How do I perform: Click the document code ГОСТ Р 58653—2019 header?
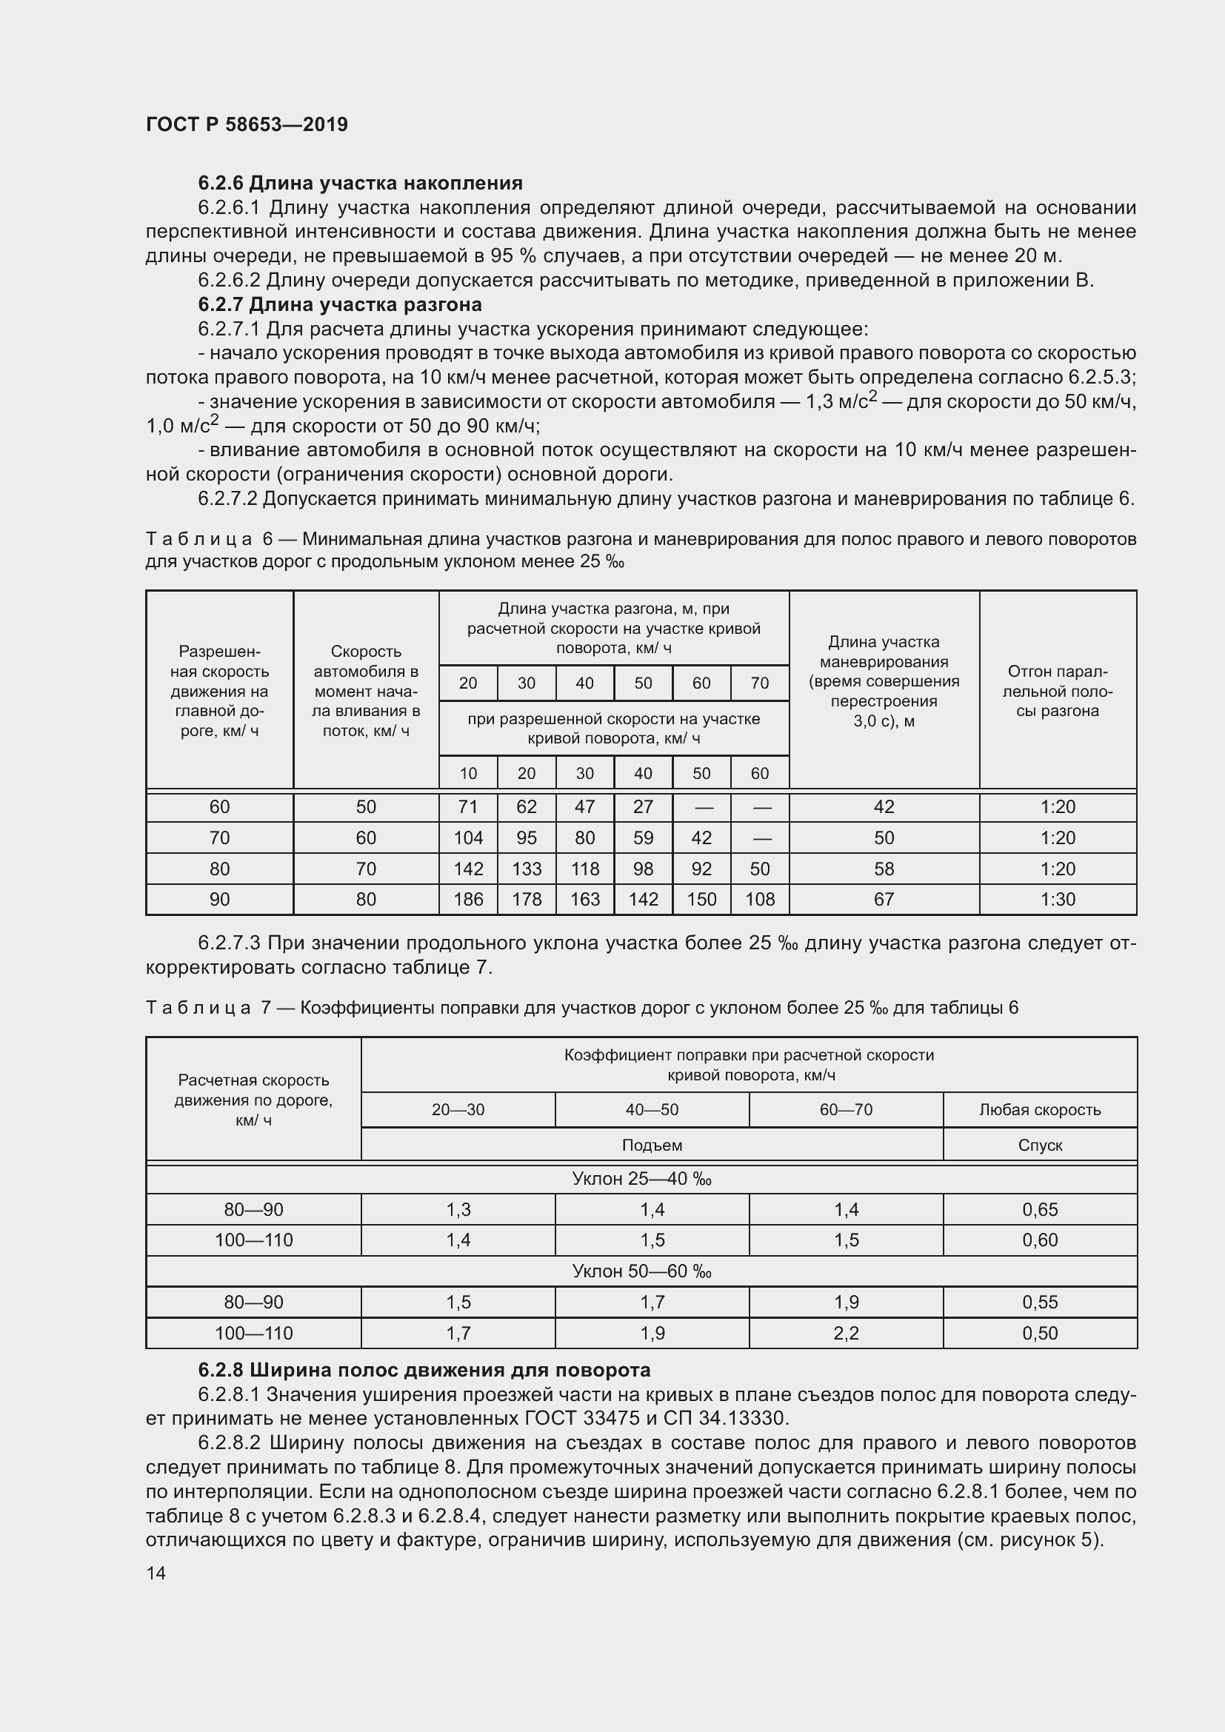(x=247, y=124)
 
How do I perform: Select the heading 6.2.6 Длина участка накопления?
(x=360, y=184)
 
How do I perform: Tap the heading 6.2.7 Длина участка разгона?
(x=339, y=305)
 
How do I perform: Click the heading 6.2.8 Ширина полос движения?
(x=424, y=1370)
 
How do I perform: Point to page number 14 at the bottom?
(x=156, y=1573)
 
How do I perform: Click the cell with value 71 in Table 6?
(x=467, y=807)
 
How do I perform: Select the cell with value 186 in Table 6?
(x=467, y=899)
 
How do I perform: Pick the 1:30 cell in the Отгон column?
(x=1058, y=899)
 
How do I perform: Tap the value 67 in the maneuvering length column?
(x=884, y=899)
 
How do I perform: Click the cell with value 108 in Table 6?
(x=760, y=899)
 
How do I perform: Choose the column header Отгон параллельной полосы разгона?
(x=1058, y=691)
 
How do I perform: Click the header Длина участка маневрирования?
(x=884, y=681)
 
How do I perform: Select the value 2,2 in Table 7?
(x=846, y=1333)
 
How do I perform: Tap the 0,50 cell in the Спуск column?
(x=1039, y=1333)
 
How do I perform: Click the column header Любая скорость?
(x=1039, y=1110)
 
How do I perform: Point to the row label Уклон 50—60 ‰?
(x=641, y=1272)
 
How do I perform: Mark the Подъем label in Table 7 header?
(x=652, y=1145)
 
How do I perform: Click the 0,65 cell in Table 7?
(x=1039, y=1210)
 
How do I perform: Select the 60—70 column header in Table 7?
(x=846, y=1110)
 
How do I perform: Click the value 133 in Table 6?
(x=527, y=869)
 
